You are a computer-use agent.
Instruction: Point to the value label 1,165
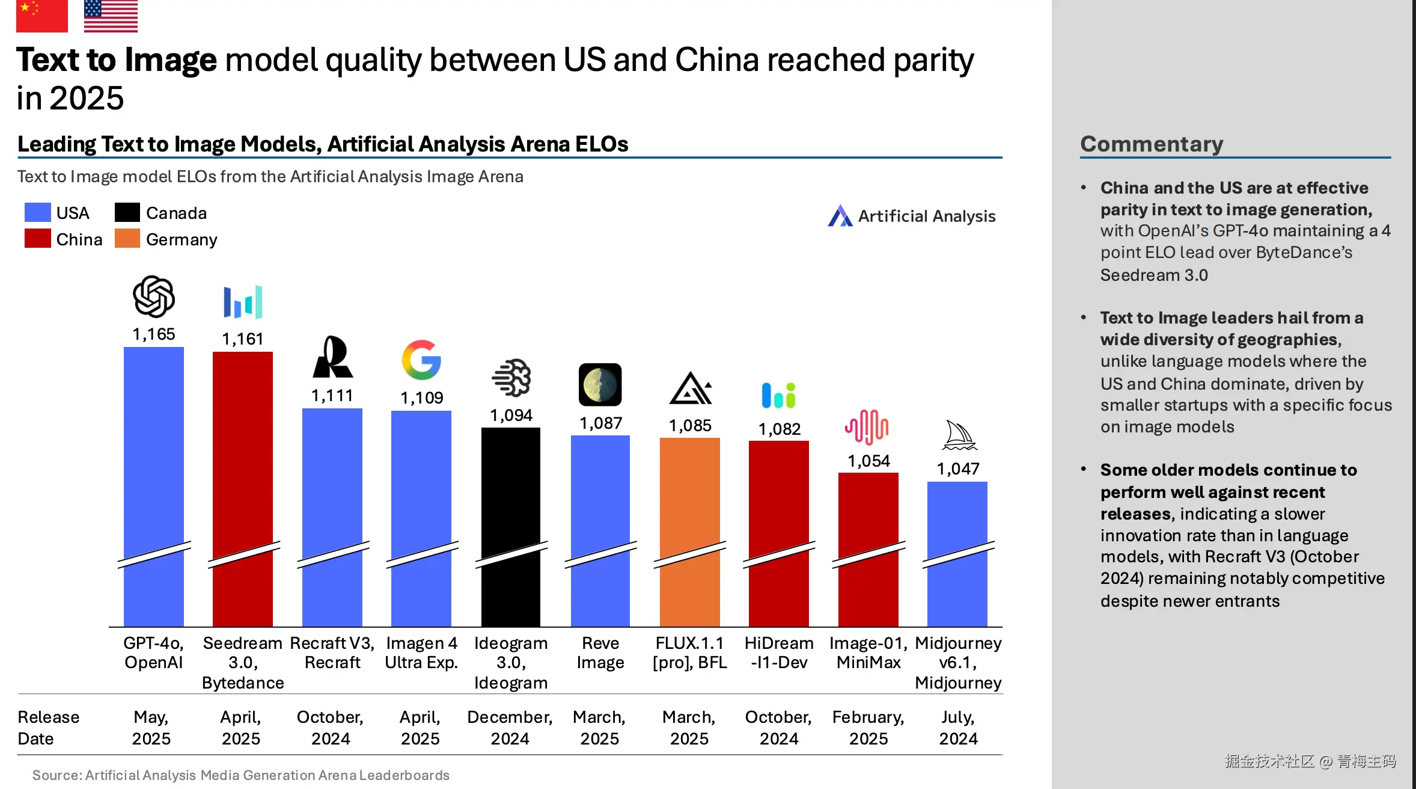coord(154,334)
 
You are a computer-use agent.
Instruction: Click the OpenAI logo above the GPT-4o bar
coord(154,296)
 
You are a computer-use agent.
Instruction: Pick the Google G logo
coord(421,360)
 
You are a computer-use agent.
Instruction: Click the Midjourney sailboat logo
coord(959,435)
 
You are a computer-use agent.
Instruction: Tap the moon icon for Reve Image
coord(600,385)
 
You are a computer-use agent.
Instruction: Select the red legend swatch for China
coord(37,239)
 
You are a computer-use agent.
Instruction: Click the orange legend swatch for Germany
coord(127,239)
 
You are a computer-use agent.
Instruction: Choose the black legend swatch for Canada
coord(127,212)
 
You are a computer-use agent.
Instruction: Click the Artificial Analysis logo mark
coord(840,216)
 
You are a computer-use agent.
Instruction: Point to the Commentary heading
coord(1152,144)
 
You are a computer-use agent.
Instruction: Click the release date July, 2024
coord(958,728)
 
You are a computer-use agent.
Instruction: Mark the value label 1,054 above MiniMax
coord(868,461)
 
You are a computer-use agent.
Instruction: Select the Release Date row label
coord(48,728)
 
